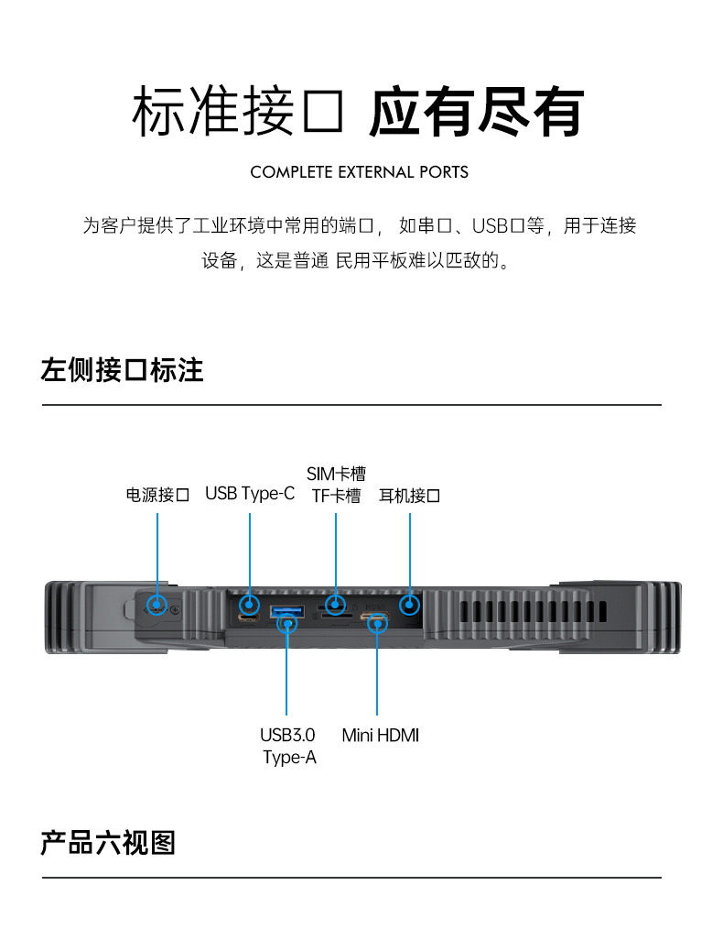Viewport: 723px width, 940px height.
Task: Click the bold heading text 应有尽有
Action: click(476, 114)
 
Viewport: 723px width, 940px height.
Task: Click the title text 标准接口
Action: click(238, 114)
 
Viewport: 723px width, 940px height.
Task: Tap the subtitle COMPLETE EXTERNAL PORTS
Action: click(359, 172)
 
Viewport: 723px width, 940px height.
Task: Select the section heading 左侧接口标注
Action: click(122, 370)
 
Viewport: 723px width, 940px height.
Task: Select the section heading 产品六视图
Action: click(108, 842)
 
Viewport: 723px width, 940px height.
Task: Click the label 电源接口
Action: click(157, 496)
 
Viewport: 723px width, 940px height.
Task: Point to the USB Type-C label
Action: click(250, 494)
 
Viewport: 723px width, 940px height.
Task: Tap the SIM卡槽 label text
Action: click(336, 474)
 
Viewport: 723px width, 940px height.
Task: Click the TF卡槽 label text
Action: click(336, 496)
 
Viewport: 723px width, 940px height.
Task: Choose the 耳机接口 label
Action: click(409, 496)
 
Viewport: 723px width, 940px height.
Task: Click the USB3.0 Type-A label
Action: click(288, 746)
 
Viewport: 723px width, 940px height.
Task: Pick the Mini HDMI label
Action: click(381, 735)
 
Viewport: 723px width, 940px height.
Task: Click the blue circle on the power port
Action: click(157, 605)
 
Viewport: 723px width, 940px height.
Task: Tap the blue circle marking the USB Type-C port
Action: click(249, 604)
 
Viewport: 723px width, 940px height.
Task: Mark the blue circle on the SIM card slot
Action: click(336, 604)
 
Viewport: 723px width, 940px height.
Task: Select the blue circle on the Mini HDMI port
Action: click(376, 623)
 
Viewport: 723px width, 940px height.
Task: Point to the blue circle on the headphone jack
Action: click(410, 604)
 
